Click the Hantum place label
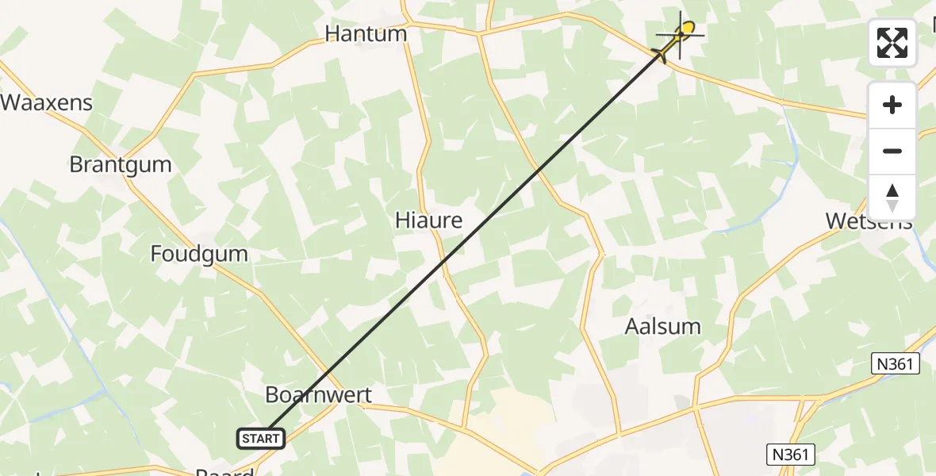pyautogui.click(x=366, y=34)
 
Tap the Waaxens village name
pyautogui.click(x=47, y=102)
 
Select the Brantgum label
pyautogui.click(x=120, y=165)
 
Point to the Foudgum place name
pyautogui.click(x=199, y=254)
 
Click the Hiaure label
pyautogui.click(x=428, y=221)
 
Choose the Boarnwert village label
pyautogui.click(x=318, y=395)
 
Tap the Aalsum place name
pyautogui.click(x=663, y=326)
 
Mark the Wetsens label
pyautogui.click(x=869, y=221)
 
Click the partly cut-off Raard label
pyautogui.click(x=225, y=471)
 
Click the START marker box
pyautogui.click(x=261, y=438)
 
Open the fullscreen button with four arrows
pyautogui.click(x=892, y=43)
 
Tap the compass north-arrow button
pyautogui.click(x=892, y=198)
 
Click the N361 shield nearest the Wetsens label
pyautogui.click(x=896, y=364)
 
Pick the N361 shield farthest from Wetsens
pyautogui.click(x=791, y=455)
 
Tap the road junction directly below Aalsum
pyautogui.click(x=696, y=408)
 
